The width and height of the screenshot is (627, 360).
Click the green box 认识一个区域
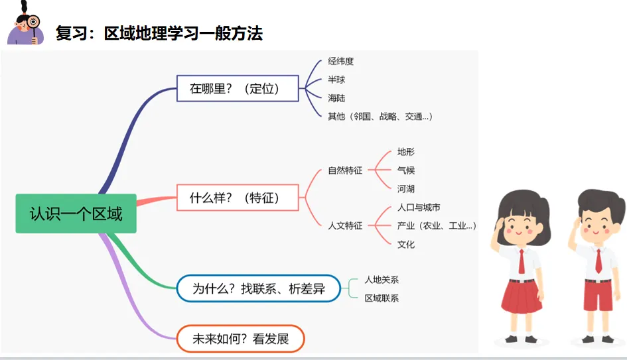(76, 213)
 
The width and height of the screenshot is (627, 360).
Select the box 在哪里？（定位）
(238, 88)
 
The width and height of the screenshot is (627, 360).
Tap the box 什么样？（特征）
(238, 198)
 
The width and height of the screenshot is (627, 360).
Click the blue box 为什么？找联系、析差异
(258, 288)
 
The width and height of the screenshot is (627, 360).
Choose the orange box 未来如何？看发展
(240, 339)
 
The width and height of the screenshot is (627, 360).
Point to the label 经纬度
(340, 61)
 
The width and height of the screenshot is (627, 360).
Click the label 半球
(336, 80)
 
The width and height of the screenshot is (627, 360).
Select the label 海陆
(336, 98)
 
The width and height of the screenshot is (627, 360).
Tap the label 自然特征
(345, 170)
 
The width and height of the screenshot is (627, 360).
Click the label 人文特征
(345, 225)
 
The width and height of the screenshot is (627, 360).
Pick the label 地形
(406, 152)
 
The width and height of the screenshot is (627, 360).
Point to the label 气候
(406, 170)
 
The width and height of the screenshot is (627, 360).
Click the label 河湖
(406, 189)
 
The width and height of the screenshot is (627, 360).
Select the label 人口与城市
(419, 208)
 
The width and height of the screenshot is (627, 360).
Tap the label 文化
(406, 245)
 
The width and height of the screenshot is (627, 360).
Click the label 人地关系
(382, 280)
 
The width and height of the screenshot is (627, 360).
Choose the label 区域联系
(382, 298)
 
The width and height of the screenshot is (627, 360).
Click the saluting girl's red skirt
(521, 296)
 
